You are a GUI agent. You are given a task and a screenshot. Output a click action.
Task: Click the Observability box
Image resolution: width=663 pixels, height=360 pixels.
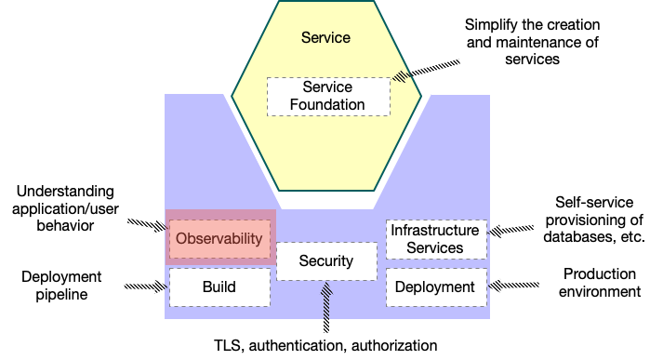221,239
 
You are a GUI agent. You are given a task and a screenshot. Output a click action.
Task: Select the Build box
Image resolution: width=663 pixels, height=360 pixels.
219,287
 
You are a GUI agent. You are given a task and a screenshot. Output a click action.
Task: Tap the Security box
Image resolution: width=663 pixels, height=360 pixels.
326,261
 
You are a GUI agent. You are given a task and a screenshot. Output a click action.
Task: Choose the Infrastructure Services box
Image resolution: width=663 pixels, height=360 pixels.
435,239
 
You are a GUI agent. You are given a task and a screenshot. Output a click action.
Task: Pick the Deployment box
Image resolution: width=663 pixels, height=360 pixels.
435,287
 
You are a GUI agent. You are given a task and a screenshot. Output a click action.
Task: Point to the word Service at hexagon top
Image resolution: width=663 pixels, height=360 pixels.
326,38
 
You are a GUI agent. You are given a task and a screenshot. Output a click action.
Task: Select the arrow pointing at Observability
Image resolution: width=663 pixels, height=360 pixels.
147,227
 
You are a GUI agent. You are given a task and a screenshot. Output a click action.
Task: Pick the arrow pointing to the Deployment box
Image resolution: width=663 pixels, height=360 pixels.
511,285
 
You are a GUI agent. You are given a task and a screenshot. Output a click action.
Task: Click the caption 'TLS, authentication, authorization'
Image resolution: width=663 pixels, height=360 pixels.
325,345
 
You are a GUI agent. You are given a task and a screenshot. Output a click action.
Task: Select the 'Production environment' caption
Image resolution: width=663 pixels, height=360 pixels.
602,283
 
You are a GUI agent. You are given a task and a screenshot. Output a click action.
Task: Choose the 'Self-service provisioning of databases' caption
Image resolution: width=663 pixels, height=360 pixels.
598,220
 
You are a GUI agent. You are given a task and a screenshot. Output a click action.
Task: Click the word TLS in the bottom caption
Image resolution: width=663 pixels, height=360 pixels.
229,345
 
